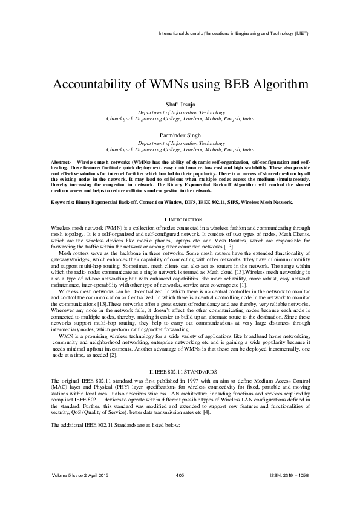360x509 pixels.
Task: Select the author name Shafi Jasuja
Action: tap(180, 105)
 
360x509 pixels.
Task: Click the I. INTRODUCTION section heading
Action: tap(180, 218)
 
